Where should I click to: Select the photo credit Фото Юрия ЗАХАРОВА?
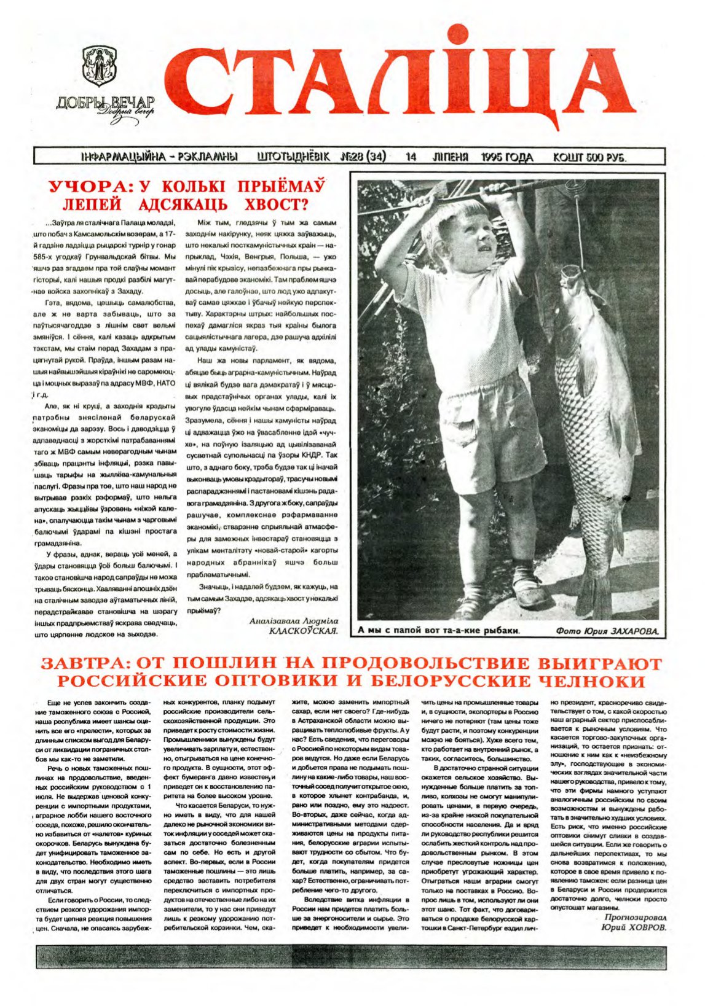[606, 631]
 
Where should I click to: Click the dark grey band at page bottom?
[352, 957]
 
